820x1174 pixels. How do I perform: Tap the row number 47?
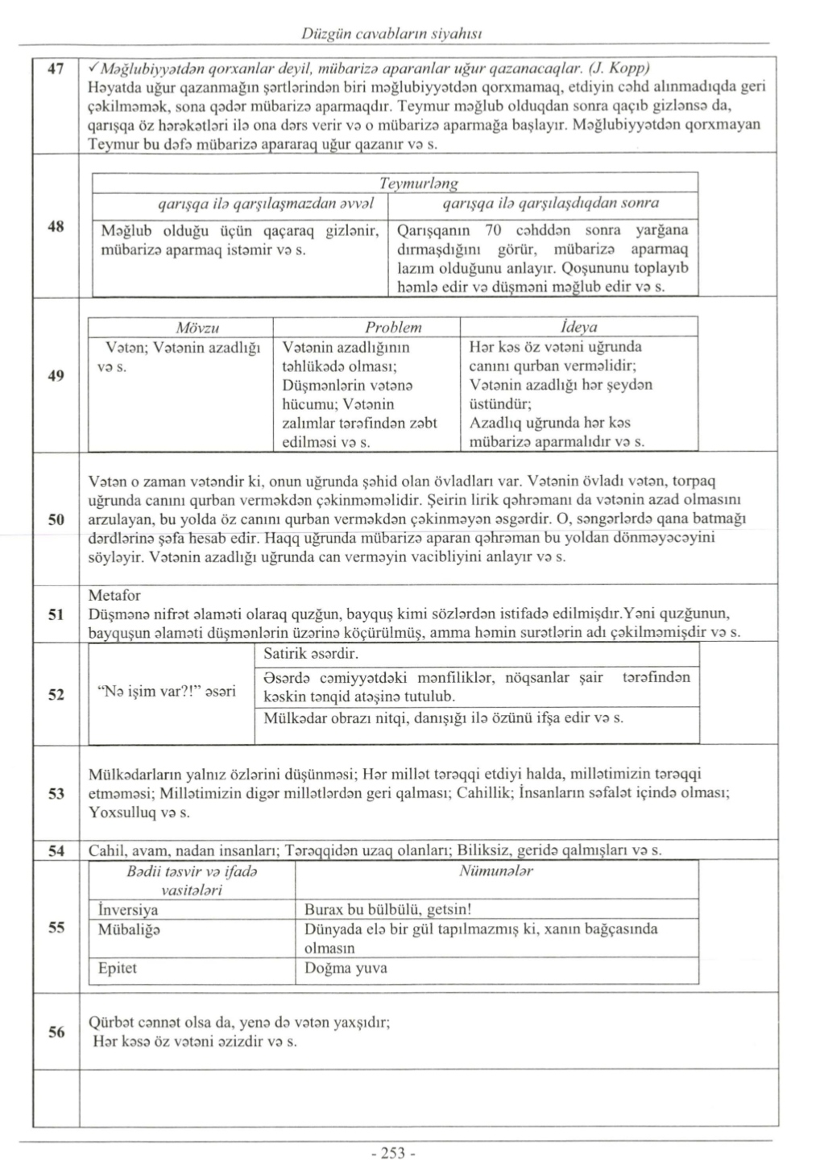click(56, 69)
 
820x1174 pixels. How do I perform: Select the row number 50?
click(56, 519)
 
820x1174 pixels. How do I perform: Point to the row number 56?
click(56, 1032)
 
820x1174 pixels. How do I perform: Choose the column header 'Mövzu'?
click(197, 328)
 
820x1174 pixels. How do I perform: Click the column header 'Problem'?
click(393, 328)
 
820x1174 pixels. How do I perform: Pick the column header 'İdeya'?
click(578, 328)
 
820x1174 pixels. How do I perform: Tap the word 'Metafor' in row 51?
click(114, 596)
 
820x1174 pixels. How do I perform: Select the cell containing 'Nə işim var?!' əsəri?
click(166, 691)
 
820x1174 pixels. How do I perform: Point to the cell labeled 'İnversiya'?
click(128, 910)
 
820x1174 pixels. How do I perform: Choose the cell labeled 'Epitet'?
click(118, 968)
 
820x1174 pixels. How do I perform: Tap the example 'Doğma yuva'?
click(346, 968)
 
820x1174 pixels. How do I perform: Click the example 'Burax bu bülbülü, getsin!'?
click(387, 910)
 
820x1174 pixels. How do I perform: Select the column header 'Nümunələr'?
click(496, 871)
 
